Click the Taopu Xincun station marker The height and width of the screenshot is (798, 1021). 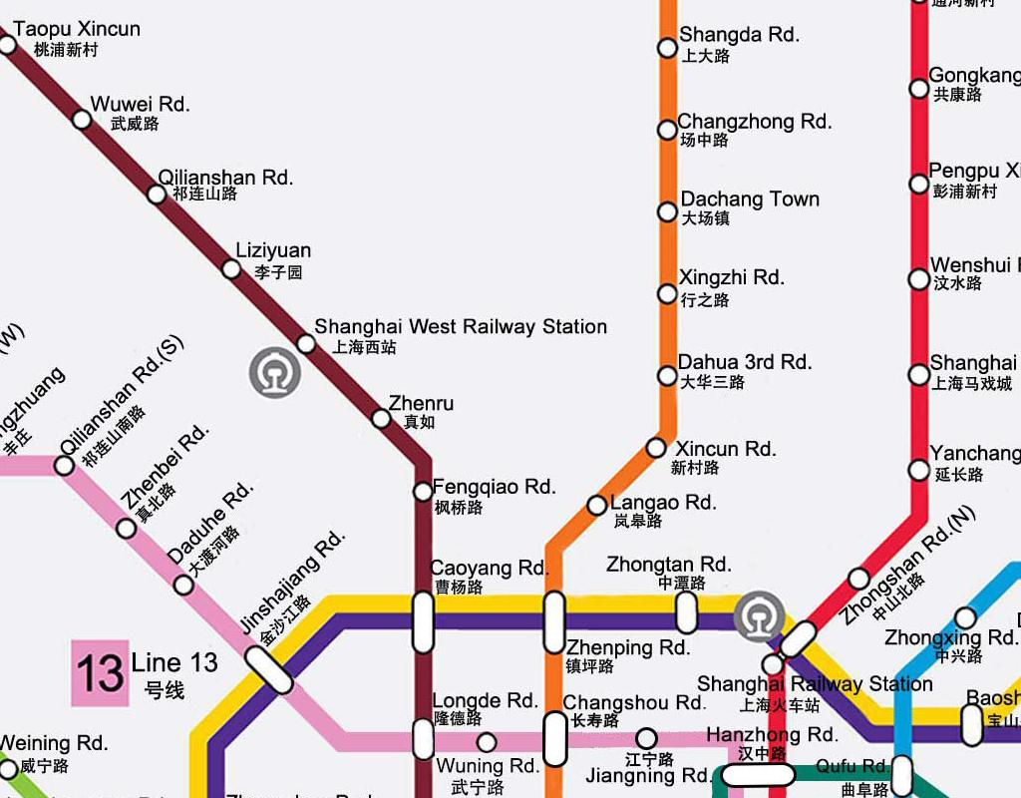pos(7,45)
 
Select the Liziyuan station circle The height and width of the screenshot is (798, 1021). pos(231,269)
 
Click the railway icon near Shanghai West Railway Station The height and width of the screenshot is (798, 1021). pos(274,373)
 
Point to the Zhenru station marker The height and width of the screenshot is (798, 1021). pos(381,419)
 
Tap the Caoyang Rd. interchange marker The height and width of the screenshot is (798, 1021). pos(423,621)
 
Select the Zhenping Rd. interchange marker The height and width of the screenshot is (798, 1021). pos(554,621)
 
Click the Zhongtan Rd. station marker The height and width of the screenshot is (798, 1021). pos(686,612)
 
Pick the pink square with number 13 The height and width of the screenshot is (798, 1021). pos(100,673)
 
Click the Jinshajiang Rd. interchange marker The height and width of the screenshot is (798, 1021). pos(270,669)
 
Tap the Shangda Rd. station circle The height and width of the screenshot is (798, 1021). pos(667,48)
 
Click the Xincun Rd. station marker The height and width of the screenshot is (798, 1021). pos(656,448)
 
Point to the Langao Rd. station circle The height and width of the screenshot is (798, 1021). pos(596,506)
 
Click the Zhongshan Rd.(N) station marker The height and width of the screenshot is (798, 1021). pos(858,579)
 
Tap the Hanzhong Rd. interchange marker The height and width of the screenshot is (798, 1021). pos(757,775)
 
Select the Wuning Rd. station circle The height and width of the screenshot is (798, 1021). pos(487,742)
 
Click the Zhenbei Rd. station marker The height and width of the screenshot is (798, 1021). pos(127,529)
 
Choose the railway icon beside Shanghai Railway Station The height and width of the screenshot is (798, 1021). pos(758,617)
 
